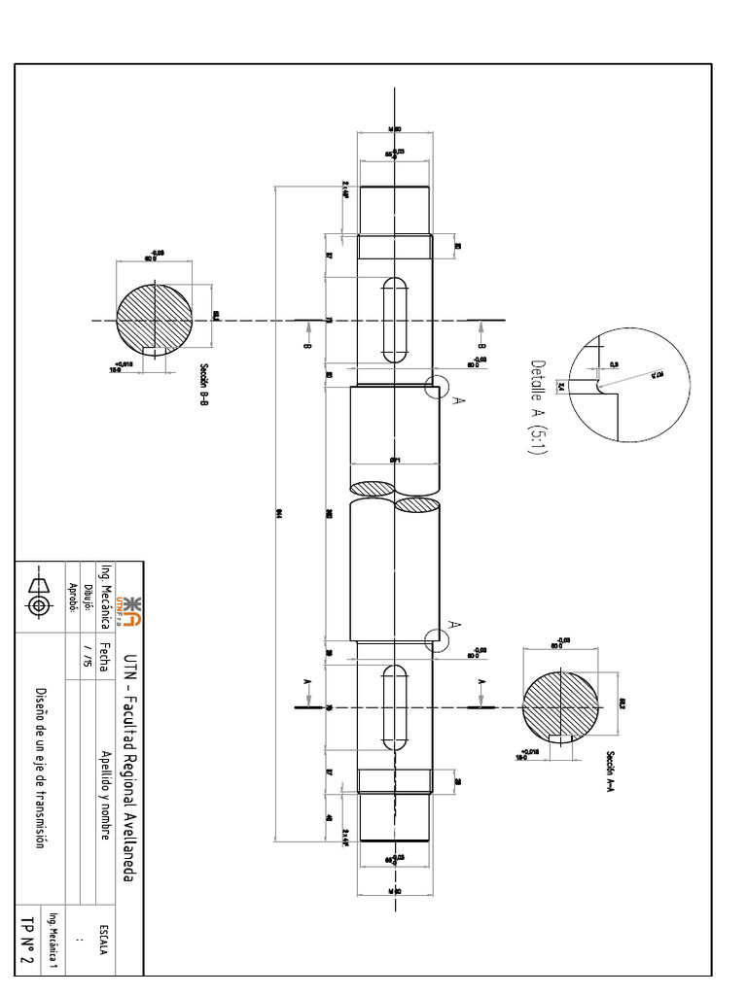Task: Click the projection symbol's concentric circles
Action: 40,605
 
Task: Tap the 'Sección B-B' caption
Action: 204,386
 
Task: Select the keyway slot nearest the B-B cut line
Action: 395,320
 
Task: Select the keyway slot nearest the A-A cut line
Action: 395,707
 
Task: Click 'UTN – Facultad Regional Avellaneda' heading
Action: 128,758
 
